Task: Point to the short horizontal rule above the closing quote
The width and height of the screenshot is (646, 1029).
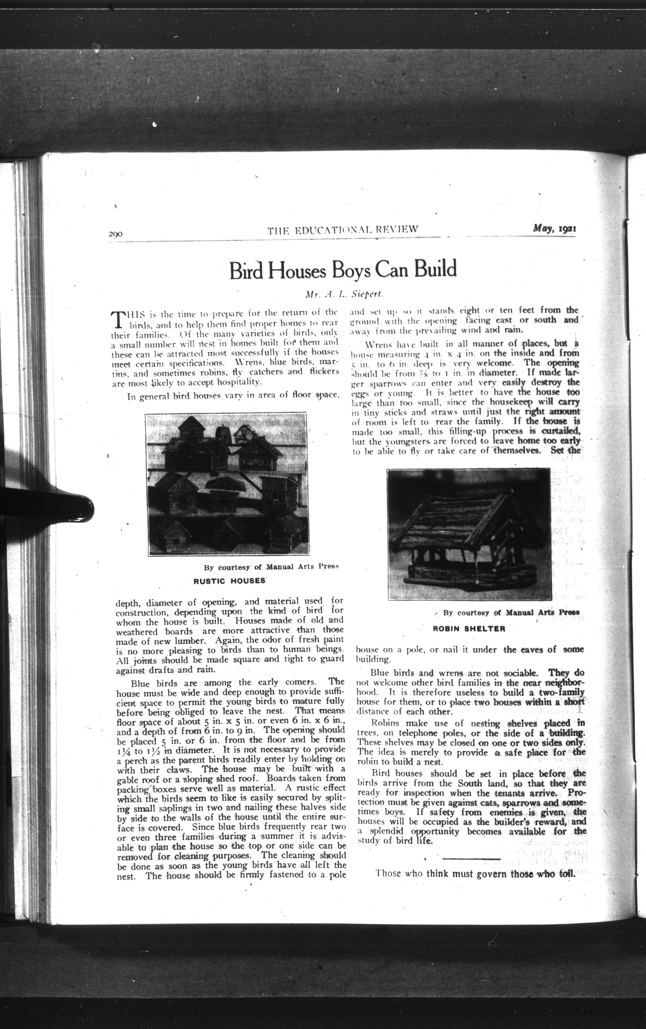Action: pos(472,858)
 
